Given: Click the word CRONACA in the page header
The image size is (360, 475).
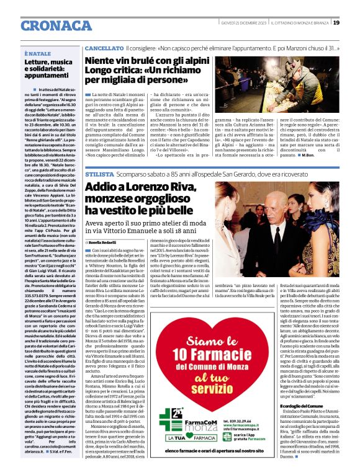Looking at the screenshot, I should pos(56,25).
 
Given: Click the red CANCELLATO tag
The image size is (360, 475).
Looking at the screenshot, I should pos(104,48).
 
